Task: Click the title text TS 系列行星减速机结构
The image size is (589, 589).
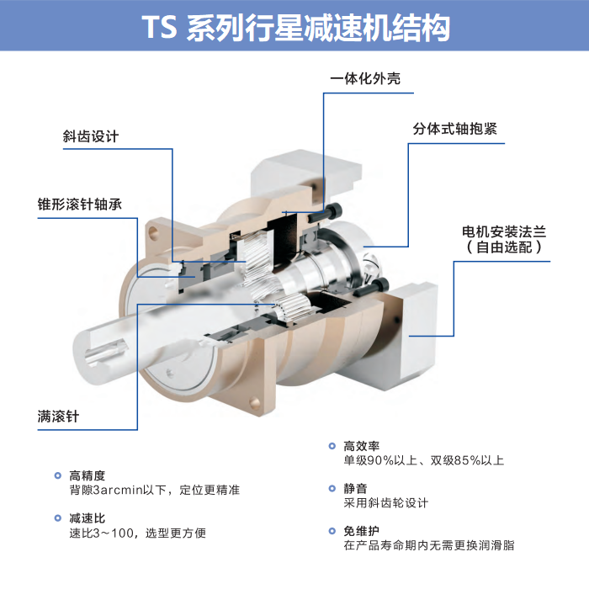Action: tap(295, 28)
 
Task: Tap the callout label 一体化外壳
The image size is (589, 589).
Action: tap(365, 78)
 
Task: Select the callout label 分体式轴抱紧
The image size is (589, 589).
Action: tap(455, 129)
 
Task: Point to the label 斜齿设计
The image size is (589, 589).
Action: tap(91, 136)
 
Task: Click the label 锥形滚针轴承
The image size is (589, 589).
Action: tap(80, 204)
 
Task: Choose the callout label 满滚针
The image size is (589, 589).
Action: tap(58, 417)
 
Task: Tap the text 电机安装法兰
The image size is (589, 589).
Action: tap(504, 231)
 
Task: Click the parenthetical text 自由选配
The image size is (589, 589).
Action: tap(504, 247)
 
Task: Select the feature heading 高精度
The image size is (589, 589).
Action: tap(88, 475)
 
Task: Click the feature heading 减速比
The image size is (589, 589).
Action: tap(88, 518)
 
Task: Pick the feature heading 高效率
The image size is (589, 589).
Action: tap(361, 446)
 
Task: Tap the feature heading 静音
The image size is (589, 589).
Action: tap(355, 488)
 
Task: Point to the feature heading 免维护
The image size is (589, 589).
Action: tap(361, 531)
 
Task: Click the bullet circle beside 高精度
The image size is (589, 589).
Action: tap(58, 475)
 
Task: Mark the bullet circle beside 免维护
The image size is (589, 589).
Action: tap(332, 531)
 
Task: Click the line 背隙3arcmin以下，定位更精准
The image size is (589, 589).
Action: tap(154, 490)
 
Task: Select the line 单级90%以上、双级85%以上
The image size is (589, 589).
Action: tap(424, 460)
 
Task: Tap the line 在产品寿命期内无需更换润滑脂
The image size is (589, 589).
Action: tap(428, 545)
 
